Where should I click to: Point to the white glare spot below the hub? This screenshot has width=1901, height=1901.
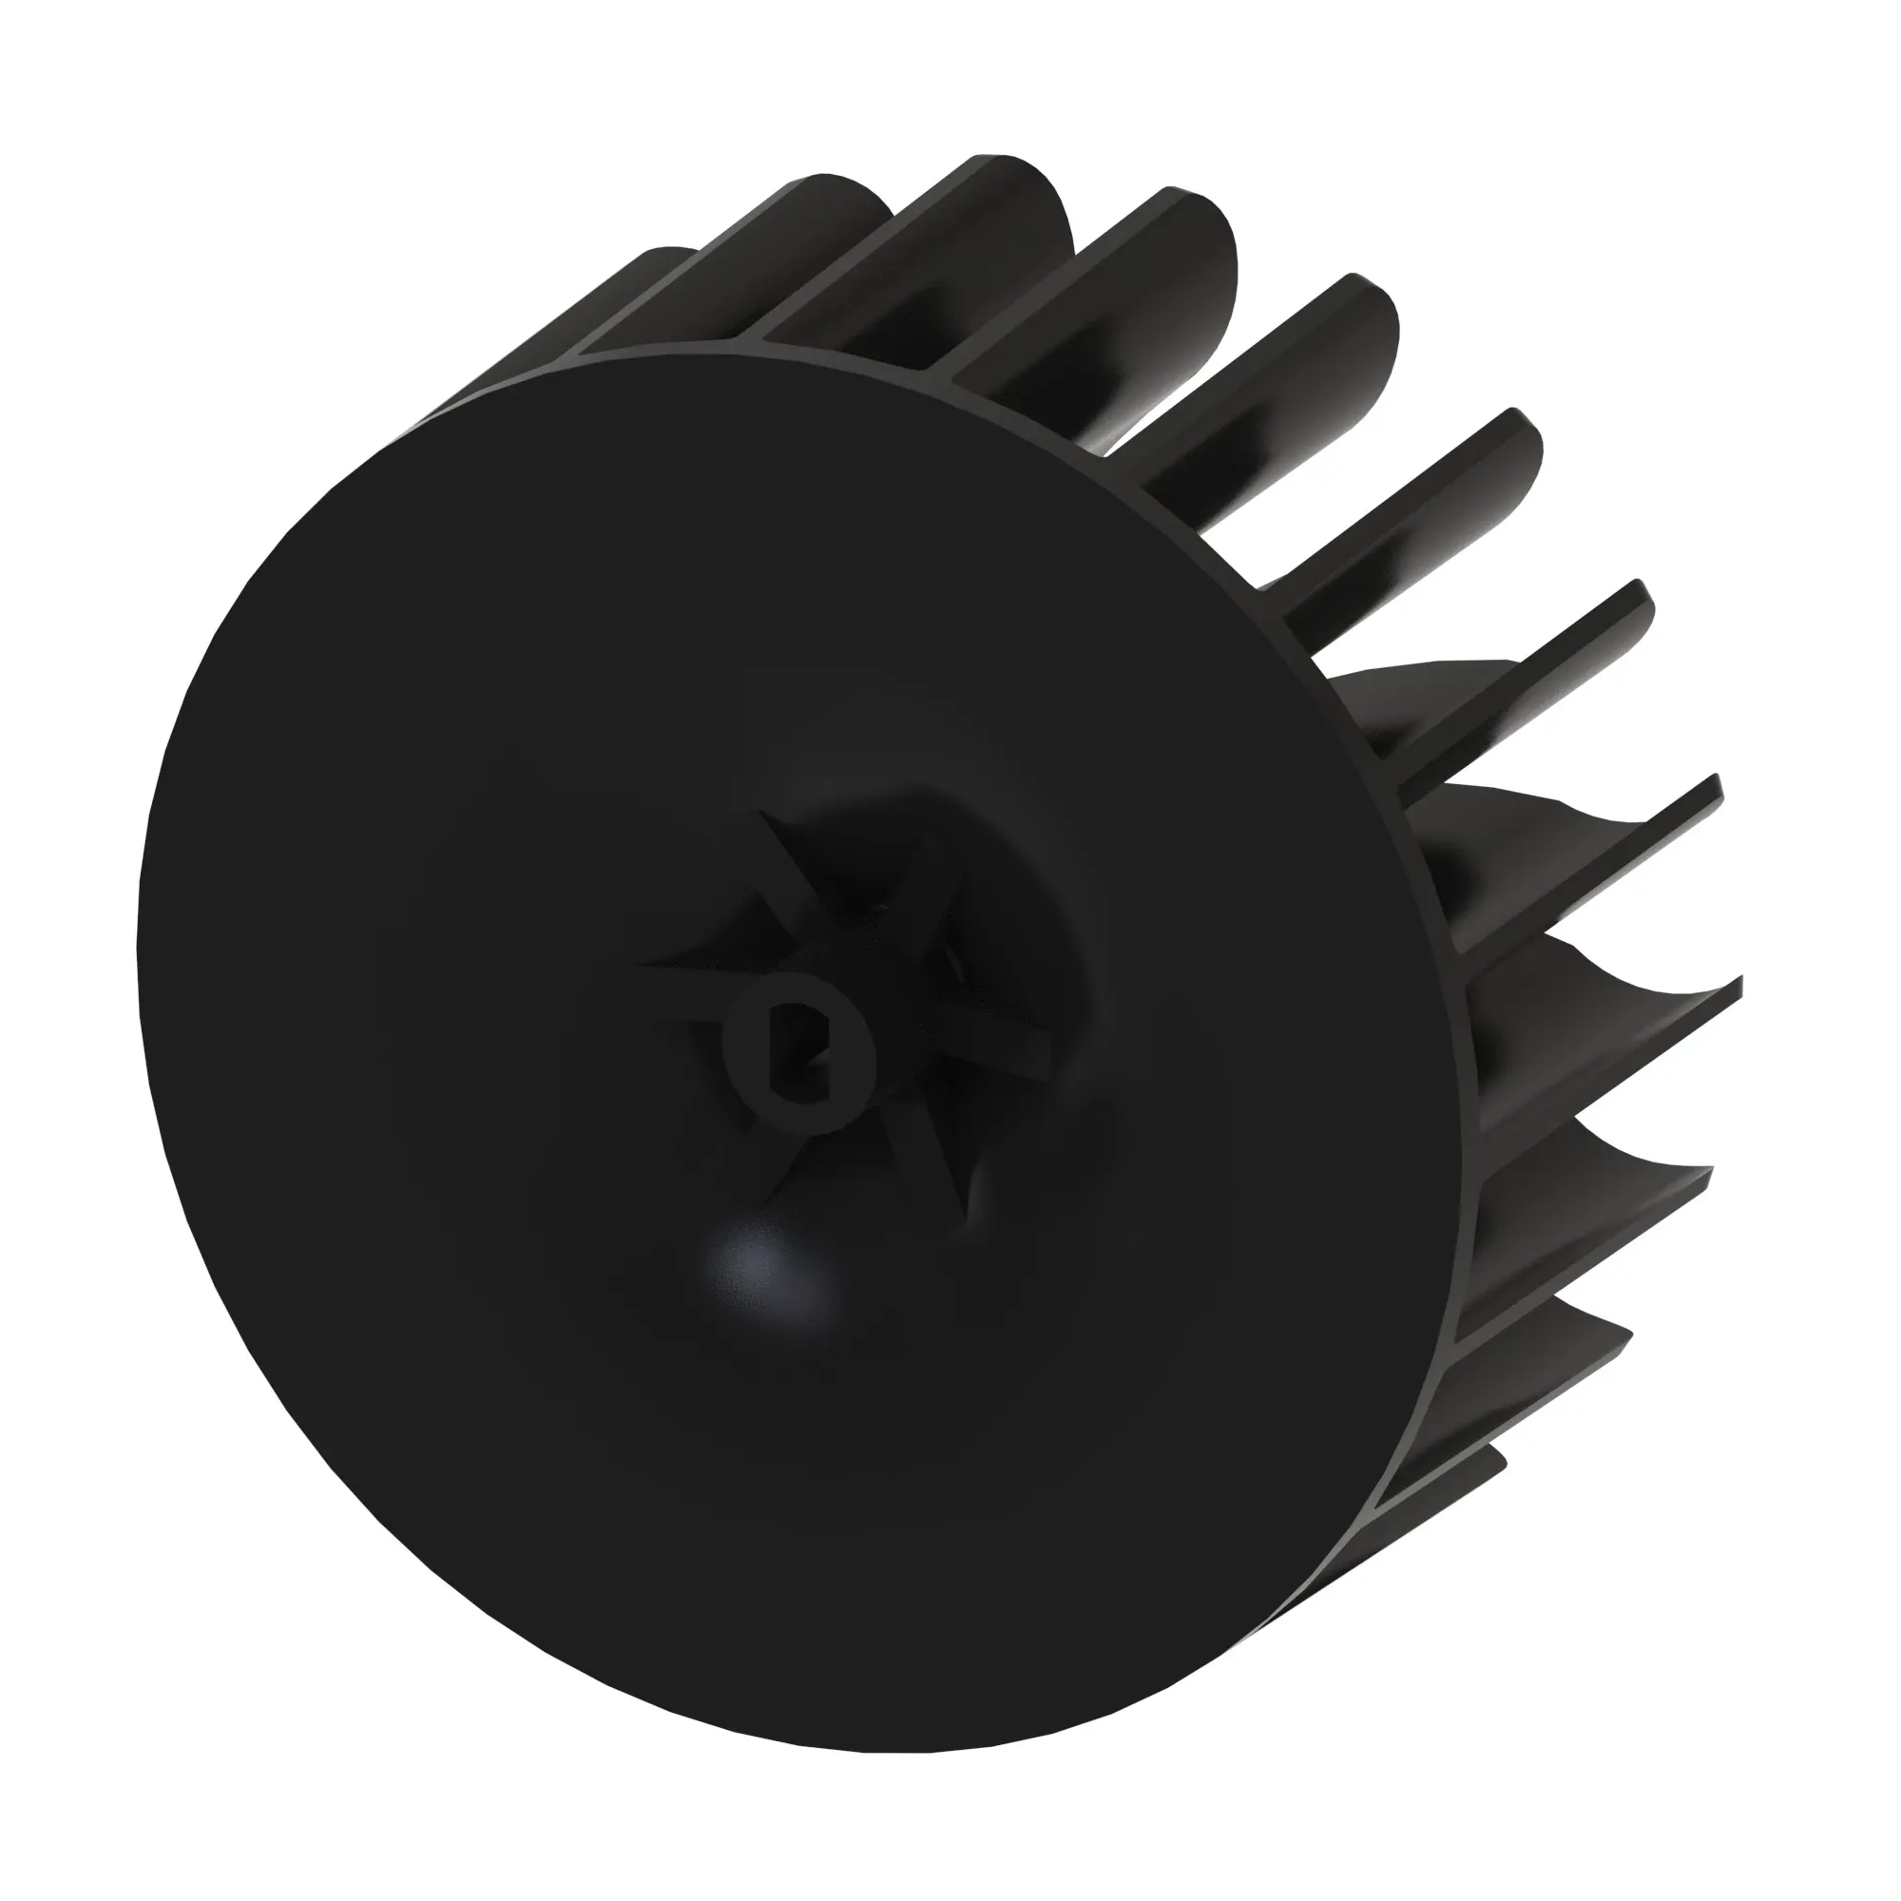pyautogui.click(x=768, y=1269)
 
